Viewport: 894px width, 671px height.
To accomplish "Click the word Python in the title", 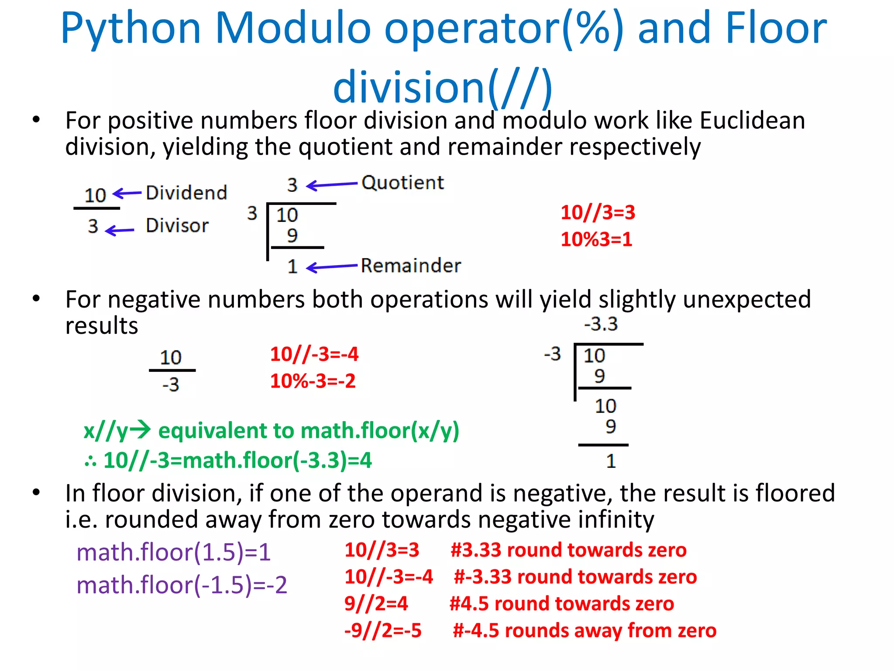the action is (x=131, y=29).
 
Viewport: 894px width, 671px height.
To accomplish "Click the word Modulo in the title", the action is (x=293, y=29).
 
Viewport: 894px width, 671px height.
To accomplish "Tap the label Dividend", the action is (x=186, y=193).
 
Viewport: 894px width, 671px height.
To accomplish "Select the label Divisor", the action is (x=177, y=225).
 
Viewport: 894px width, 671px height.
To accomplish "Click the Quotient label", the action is (x=402, y=183).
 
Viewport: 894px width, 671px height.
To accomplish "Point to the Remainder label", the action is (x=411, y=266).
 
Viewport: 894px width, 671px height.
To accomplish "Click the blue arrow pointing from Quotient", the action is (x=332, y=185).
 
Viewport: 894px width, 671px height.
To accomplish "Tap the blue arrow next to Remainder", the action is (x=332, y=266).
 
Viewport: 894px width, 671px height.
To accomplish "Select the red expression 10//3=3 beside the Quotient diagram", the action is (x=598, y=213).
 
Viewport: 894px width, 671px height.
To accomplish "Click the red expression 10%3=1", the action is (x=596, y=239).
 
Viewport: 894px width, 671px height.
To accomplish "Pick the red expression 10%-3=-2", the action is (x=313, y=381).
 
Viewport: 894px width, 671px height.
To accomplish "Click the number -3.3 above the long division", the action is (x=601, y=324).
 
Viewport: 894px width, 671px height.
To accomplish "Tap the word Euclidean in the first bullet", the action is (x=752, y=120).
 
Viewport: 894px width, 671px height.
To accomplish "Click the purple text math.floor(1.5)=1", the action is (x=174, y=552).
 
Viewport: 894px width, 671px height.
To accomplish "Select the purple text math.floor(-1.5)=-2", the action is (x=182, y=585).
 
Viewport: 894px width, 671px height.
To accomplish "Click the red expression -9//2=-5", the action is (x=383, y=630).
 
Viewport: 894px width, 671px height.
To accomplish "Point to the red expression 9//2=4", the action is (x=376, y=604).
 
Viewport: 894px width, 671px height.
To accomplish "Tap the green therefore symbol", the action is (x=90, y=461).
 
